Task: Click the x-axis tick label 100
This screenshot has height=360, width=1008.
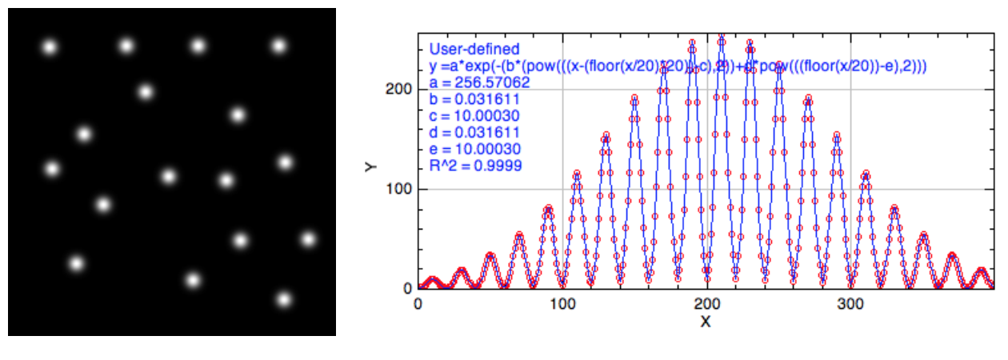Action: pos(562,305)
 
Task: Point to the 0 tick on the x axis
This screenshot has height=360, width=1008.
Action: pos(418,305)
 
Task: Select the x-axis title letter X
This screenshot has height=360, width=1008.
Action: pos(706,322)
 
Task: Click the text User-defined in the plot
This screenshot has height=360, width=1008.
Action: pos(474,50)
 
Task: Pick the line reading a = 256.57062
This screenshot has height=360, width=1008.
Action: pos(479,82)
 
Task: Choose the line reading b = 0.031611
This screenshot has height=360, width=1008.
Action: pos(474,99)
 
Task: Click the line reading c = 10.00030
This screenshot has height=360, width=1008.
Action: pos(474,116)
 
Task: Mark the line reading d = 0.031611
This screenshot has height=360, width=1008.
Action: pos(474,133)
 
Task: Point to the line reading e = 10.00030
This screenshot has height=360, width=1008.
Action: pos(474,150)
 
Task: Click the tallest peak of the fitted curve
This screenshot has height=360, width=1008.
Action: pos(722,37)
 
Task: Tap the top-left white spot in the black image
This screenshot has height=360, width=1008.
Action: pos(50,47)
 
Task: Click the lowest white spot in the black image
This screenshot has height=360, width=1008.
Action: pos(284,300)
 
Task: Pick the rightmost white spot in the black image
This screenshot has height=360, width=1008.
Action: pos(309,238)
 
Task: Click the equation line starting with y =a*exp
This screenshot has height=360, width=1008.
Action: pos(678,66)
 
